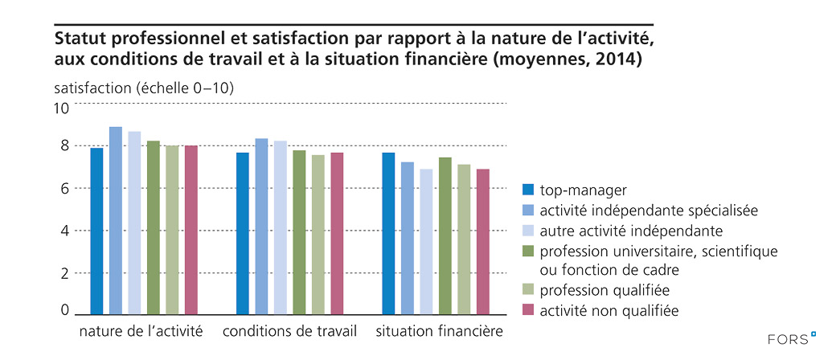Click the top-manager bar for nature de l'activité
(96, 231)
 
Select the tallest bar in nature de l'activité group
(116, 220)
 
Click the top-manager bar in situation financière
(388, 233)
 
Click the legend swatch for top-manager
(528, 190)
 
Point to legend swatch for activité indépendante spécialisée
(528, 210)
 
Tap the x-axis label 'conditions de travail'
(289, 331)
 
